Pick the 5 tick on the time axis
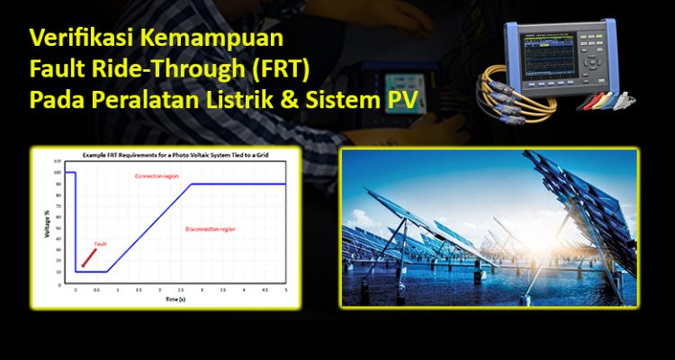click(285, 290)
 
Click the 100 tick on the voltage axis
click(58, 172)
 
